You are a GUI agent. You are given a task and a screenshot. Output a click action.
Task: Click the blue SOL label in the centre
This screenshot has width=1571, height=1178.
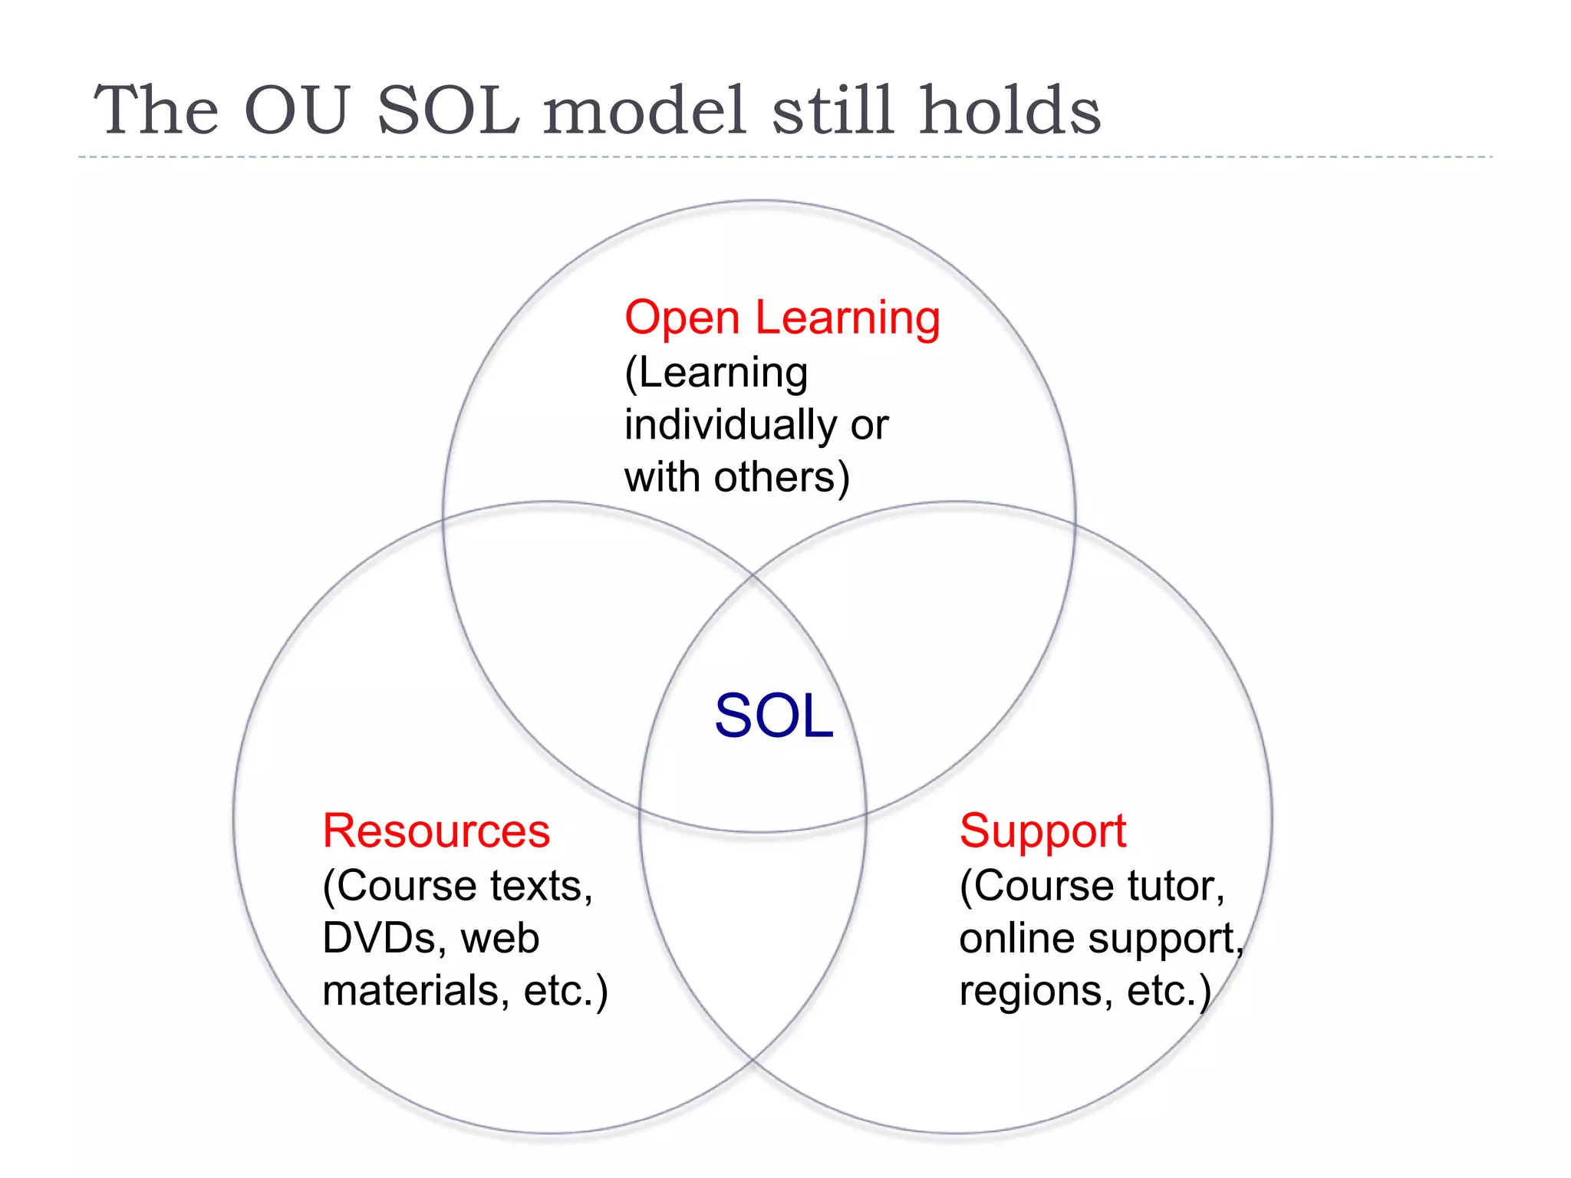click(x=773, y=716)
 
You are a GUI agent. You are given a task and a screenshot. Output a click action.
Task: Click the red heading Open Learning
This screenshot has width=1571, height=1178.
click(x=782, y=318)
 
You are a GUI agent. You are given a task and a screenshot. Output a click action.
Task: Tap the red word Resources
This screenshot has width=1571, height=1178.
click(x=436, y=831)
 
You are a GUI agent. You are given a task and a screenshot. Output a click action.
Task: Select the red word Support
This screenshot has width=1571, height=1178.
click(x=1042, y=831)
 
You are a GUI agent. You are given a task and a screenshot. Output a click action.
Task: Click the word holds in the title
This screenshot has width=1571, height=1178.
click(x=1009, y=111)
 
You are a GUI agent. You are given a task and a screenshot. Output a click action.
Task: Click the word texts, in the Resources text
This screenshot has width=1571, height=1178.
click(x=541, y=887)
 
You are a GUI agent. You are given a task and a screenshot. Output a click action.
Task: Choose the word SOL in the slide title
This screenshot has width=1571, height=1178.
click(x=449, y=111)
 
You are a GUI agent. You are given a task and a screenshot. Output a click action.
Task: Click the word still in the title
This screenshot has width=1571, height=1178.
click(x=832, y=111)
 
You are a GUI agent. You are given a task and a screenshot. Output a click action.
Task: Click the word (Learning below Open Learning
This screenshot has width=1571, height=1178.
click(x=716, y=374)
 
